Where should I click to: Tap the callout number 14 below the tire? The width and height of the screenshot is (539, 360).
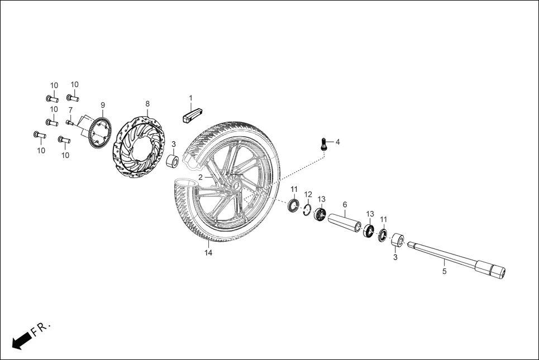point(208,253)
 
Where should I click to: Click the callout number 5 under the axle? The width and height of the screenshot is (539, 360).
point(445,272)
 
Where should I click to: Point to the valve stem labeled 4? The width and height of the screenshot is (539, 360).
point(325,145)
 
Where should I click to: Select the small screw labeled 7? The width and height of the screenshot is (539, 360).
point(69,122)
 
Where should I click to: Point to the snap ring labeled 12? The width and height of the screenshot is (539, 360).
point(307,209)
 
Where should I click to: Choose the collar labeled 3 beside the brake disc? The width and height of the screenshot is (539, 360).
point(174,162)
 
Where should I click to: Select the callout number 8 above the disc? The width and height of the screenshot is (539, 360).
point(147,104)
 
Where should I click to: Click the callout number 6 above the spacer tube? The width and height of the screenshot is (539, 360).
point(345,204)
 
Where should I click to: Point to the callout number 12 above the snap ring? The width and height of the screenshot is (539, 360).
point(308,194)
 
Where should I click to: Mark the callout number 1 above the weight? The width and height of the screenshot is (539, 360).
point(190,98)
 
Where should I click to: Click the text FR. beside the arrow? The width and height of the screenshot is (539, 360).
point(41,328)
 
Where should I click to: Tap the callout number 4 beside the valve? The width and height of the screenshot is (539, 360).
point(337,142)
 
